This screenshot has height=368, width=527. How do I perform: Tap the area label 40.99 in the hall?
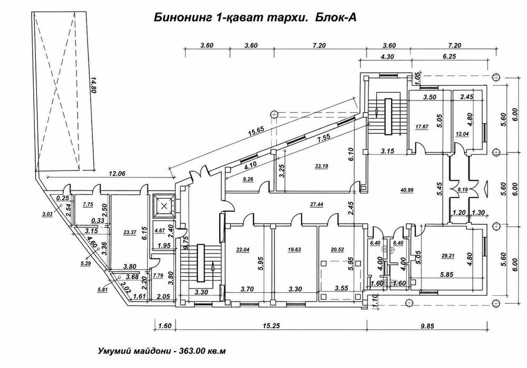point(407,190)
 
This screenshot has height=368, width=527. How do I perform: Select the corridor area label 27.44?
point(317,204)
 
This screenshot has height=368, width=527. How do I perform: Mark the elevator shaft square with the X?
point(164,206)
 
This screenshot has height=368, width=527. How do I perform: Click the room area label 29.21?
point(447,255)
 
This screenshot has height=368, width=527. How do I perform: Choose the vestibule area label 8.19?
point(463,190)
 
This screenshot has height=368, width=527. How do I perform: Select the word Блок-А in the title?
point(335,18)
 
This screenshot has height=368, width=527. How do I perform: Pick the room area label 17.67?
point(422,126)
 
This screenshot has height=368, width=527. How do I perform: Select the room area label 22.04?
point(242,250)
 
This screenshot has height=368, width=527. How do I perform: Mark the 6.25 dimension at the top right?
point(449,56)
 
